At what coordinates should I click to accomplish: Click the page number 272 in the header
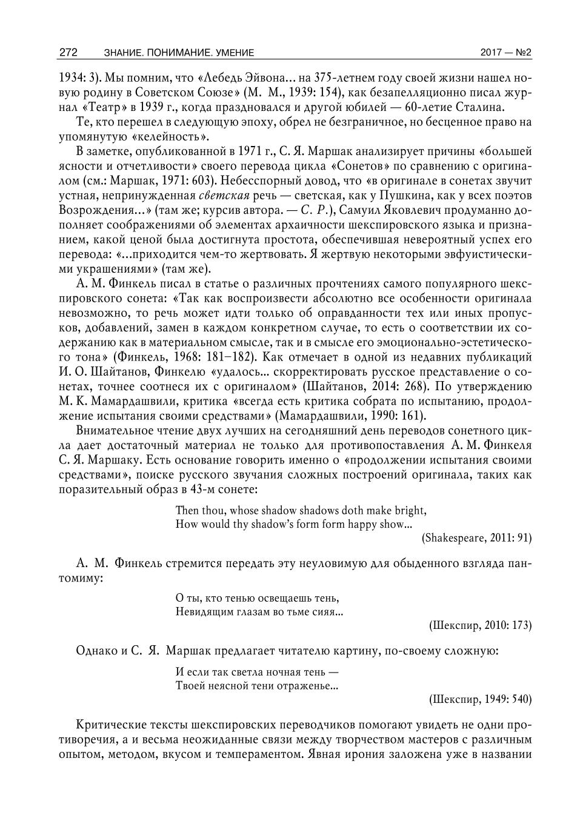(x=68, y=53)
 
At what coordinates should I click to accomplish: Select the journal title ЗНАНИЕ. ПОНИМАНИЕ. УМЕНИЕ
(x=179, y=53)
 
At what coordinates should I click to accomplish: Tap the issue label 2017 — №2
(x=505, y=53)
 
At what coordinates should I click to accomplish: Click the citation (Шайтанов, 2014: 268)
(x=353, y=386)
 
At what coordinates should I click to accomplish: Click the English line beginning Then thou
(x=301, y=510)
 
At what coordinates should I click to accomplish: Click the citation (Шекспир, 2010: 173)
(x=479, y=625)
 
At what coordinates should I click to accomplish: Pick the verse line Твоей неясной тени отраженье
(x=256, y=686)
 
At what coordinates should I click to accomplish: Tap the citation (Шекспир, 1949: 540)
(x=479, y=699)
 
